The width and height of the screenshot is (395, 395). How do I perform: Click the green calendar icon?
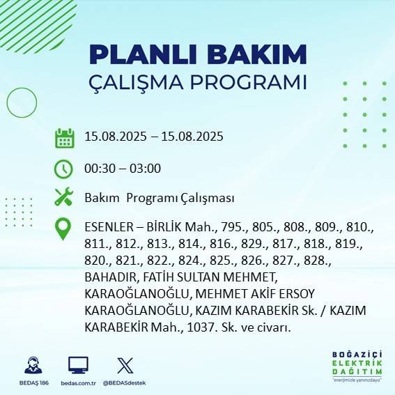pos(64,138)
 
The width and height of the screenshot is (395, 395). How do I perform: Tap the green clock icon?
pos(64,169)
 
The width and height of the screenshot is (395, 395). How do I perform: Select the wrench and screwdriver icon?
pos(64,198)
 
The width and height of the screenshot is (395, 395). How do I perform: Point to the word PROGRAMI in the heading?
pos(245,82)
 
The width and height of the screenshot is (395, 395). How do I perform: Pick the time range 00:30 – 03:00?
pos(123,169)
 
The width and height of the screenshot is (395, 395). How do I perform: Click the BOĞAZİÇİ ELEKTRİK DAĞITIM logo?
pos(357,366)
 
